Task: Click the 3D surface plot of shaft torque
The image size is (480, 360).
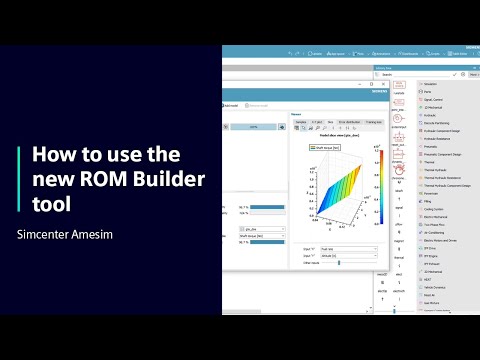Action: click(339, 199)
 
